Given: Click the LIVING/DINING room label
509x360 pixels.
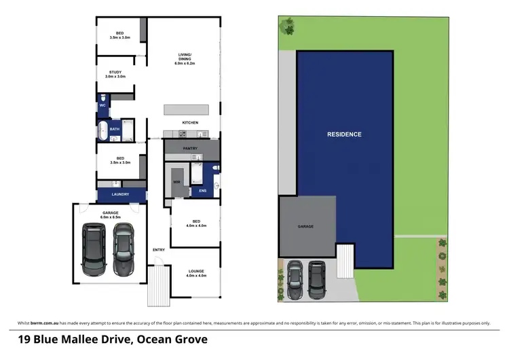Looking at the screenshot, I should (185, 59).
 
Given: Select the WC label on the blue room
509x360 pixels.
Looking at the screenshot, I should (102, 105).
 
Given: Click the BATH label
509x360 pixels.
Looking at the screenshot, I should (115, 129).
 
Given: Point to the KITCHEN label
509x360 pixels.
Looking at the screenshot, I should (190, 122).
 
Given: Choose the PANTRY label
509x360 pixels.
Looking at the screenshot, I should (190, 147).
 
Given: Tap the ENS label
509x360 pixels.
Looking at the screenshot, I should (202, 191).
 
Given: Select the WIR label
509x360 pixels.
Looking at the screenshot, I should (176, 182).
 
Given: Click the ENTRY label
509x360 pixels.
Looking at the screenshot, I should (159, 249).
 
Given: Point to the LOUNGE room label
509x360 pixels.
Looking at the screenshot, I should (195, 272).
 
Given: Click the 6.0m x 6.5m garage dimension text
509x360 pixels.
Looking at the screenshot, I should (111, 217).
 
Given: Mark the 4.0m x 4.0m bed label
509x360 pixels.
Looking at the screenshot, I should (195, 225).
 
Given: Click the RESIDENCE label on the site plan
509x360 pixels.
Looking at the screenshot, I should (345, 134).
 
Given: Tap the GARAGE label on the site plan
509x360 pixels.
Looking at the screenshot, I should (305, 226).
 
